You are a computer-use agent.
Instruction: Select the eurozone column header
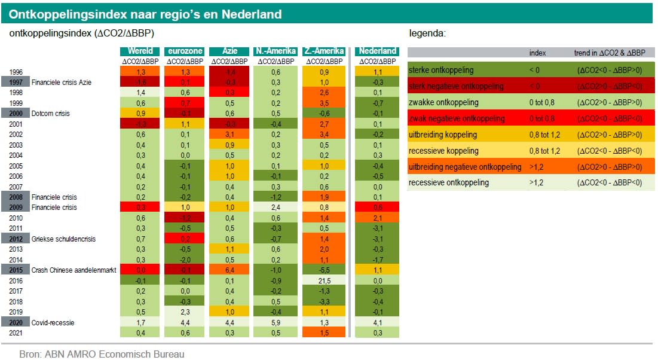tap(185, 51)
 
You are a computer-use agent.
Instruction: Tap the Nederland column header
tap(378, 51)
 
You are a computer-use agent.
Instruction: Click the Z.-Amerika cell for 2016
tap(325, 280)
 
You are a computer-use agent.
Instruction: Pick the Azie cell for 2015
tap(229, 270)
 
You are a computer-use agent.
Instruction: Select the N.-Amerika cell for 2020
tap(276, 323)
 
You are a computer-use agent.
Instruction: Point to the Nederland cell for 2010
tap(378, 218)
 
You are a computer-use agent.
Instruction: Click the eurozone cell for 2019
tap(185, 312)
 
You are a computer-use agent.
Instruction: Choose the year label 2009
tap(16, 208)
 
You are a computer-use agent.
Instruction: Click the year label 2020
tap(16, 323)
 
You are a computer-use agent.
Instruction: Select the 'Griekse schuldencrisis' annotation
tap(63, 239)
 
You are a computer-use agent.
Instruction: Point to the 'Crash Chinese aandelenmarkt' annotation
tap(73, 270)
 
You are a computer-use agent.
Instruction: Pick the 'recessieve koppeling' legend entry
tap(443, 151)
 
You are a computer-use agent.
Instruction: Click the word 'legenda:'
tap(427, 33)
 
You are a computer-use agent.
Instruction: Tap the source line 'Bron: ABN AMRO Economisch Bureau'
tap(102, 354)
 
